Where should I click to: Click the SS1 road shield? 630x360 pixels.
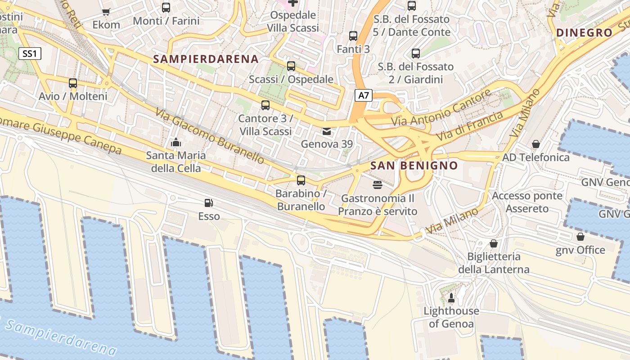(x=30, y=54)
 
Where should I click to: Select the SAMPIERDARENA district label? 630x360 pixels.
(x=206, y=59)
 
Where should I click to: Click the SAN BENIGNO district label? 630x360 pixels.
(x=414, y=166)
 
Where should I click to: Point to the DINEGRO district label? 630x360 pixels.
(x=585, y=33)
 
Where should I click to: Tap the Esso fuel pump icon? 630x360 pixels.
(x=208, y=203)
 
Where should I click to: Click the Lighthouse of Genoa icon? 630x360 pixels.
(x=451, y=298)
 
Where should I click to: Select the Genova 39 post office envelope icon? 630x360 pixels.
(x=327, y=131)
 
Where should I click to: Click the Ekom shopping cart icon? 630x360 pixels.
(x=106, y=12)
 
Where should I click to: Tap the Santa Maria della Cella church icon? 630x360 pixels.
(x=175, y=143)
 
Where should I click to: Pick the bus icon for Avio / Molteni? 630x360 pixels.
(x=73, y=83)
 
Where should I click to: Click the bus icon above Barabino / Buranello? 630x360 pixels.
(x=301, y=180)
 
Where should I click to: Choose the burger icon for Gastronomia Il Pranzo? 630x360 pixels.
(x=378, y=185)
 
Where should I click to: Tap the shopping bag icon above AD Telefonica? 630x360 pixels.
(x=535, y=144)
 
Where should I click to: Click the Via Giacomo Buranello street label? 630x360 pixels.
(x=211, y=135)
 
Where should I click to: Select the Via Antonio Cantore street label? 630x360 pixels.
(x=441, y=108)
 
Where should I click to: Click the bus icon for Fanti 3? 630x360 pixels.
(x=353, y=36)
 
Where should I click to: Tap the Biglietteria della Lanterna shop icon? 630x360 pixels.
(x=494, y=243)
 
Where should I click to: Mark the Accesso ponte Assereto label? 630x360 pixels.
(x=527, y=202)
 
